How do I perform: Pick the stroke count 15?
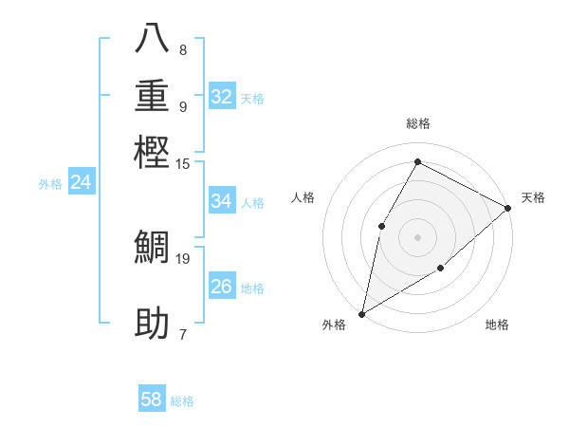pos(183,164)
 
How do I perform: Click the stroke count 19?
pos(183,257)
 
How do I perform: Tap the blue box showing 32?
pos(222,97)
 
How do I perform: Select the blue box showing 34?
pos(222,201)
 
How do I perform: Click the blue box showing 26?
pos(222,287)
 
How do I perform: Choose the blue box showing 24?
pos(82,182)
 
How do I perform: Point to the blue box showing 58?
pos(152,400)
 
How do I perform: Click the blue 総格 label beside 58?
pos(182,401)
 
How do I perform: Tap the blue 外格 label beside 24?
pos(50,184)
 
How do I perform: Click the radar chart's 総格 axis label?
pos(417,124)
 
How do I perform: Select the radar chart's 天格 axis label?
pos(533,197)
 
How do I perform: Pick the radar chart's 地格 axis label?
pos(497,325)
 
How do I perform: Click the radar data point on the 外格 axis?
pos(361,313)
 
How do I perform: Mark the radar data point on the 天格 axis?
pos(508,208)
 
